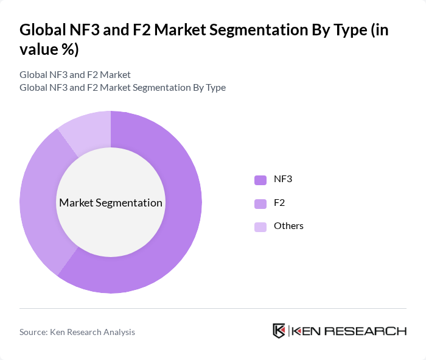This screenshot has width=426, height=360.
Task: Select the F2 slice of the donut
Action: pyautogui.click(x=40, y=201)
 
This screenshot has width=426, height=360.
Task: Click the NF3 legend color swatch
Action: pyautogui.click(x=260, y=180)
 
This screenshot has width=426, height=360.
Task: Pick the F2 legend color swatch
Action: pyautogui.click(x=260, y=203)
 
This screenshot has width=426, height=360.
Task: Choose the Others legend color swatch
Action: pyautogui.click(x=260, y=227)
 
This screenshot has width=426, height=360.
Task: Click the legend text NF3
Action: pyautogui.click(x=283, y=179)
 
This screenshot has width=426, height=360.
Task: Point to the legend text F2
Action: pyautogui.click(x=279, y=202)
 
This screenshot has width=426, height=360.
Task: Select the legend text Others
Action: pyautogui.click(x=288, y=226)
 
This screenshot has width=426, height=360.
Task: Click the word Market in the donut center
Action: pyautogui.click(x=77, y=203)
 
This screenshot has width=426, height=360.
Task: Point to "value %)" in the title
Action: pyautogui.click(x=49, y=49)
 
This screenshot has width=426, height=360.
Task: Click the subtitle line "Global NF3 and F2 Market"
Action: pyautogui.click(x=75, y=75)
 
